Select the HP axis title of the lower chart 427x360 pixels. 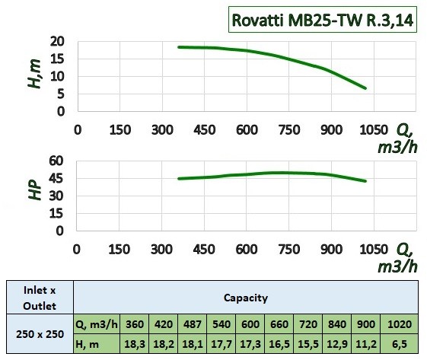click(33, 190)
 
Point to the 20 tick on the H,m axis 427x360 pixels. click(58, 42)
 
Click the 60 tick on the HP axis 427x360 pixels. click(57, 161)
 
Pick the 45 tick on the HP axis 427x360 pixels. click(57, 179)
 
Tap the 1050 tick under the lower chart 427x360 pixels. click(374, 249)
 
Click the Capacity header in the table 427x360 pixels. click(245, 298)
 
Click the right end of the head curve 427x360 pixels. click(365, 88)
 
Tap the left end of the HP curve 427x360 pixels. click(179, 178)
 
